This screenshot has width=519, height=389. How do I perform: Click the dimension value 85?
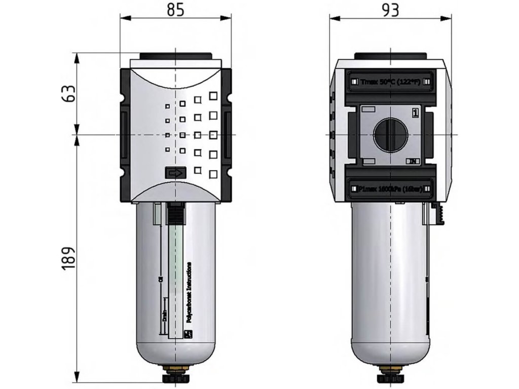click(175, 9)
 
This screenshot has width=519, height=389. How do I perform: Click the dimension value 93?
click(390, 9)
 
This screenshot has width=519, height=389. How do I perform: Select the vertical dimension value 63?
click(70, 93)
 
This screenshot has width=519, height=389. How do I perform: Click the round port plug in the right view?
click(390, 135)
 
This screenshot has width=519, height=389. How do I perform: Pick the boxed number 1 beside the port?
click(416, 112)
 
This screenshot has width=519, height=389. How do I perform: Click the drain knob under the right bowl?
click(389, 377)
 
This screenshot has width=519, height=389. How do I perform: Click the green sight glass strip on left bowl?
click(175, 274)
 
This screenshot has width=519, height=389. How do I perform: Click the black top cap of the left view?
click(175, 56)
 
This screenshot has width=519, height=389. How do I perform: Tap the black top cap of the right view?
click(389, 56)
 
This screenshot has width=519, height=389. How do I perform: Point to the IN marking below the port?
click(413, 162)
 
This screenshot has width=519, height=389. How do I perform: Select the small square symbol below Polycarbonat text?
click(189, 333)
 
